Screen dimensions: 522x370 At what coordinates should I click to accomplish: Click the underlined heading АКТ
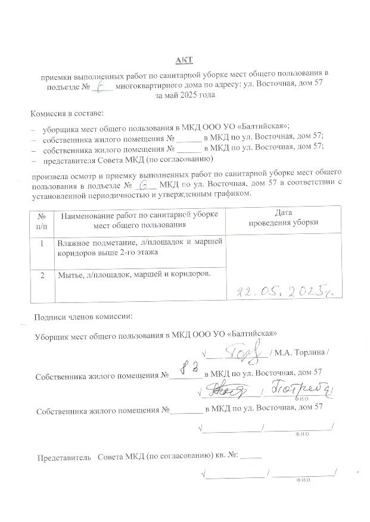[184, 61]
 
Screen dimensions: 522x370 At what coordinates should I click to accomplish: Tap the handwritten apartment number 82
[189, 368]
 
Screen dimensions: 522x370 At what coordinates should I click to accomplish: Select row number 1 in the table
[41, 243]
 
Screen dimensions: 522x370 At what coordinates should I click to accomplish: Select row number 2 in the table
[41, 275]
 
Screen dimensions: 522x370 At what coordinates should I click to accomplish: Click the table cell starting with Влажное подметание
[139, 248]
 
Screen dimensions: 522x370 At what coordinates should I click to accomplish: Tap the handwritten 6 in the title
[105, 86]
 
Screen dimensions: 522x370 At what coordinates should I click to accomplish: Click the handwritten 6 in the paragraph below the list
[142, 185]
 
